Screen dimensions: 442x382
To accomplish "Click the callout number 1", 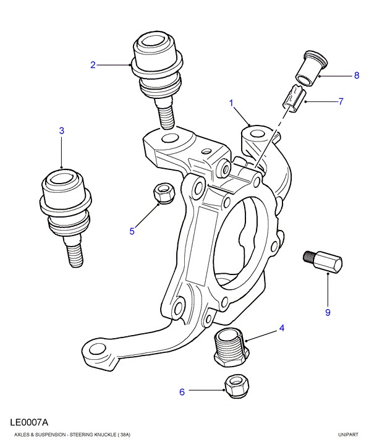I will [x=232, y=103].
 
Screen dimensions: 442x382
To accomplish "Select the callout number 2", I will [x=93, y=64].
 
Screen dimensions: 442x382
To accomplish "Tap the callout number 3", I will [x=62, y=130].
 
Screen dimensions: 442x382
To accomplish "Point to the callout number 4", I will [x=281, y=328].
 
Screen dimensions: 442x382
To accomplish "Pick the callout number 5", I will [x=132, y=231].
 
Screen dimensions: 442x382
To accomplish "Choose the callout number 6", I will [x=182, y=391].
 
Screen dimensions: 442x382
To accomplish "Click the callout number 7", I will [x=340, y=101].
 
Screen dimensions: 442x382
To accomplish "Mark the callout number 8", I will [x=356, y=76].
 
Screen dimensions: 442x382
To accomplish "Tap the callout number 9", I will [x=328, y=312].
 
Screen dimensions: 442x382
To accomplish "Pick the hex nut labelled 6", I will [x=234, y=386].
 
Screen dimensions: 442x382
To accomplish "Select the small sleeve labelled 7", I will [x=292, y=99].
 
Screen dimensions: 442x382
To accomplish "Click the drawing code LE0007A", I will [x=29, y=423].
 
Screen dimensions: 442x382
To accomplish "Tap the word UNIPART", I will [x=348, y=435].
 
